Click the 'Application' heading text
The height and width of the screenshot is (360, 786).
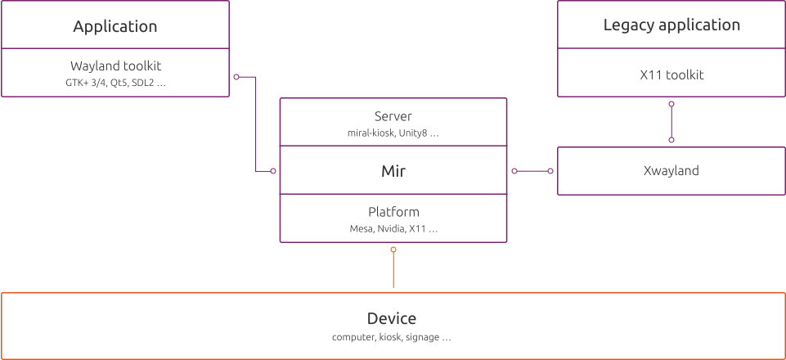[x=115, y=26]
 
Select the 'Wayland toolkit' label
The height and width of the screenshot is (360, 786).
[x=115, y=66]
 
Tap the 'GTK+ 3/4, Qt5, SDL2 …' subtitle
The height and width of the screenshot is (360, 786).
[x=115, y=83]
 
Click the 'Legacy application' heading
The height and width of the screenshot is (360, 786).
[x=671, y=25]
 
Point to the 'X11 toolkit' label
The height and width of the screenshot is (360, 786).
[x=671, y=74]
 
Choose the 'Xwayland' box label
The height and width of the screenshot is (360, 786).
[x=671, y=171]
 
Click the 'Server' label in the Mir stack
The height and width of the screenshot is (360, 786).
[x=393, y=116]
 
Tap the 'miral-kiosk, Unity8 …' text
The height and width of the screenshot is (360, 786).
[x=393, y=133]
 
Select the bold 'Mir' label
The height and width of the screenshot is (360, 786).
[x=393, y=172]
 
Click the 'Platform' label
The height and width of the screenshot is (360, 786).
[x=393, y=212]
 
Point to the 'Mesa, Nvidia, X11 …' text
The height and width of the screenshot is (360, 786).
[x=393, y=229]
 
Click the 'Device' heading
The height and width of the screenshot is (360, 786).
[x=392, y=318]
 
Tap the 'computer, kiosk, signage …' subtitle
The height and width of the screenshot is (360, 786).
[x=392, y=337]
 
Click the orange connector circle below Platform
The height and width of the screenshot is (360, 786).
[x=393, y=249]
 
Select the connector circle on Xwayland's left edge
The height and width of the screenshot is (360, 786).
[x=550, y=171]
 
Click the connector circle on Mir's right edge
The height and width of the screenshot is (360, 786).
[x=514, y=171]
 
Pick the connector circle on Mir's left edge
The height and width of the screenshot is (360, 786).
[x=273, y=171]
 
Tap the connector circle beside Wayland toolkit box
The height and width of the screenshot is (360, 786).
[x=236, y=77]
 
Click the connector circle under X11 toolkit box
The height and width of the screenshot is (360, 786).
[x=671, y=104]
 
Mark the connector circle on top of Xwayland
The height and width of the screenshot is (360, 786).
[x=671, y=140]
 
